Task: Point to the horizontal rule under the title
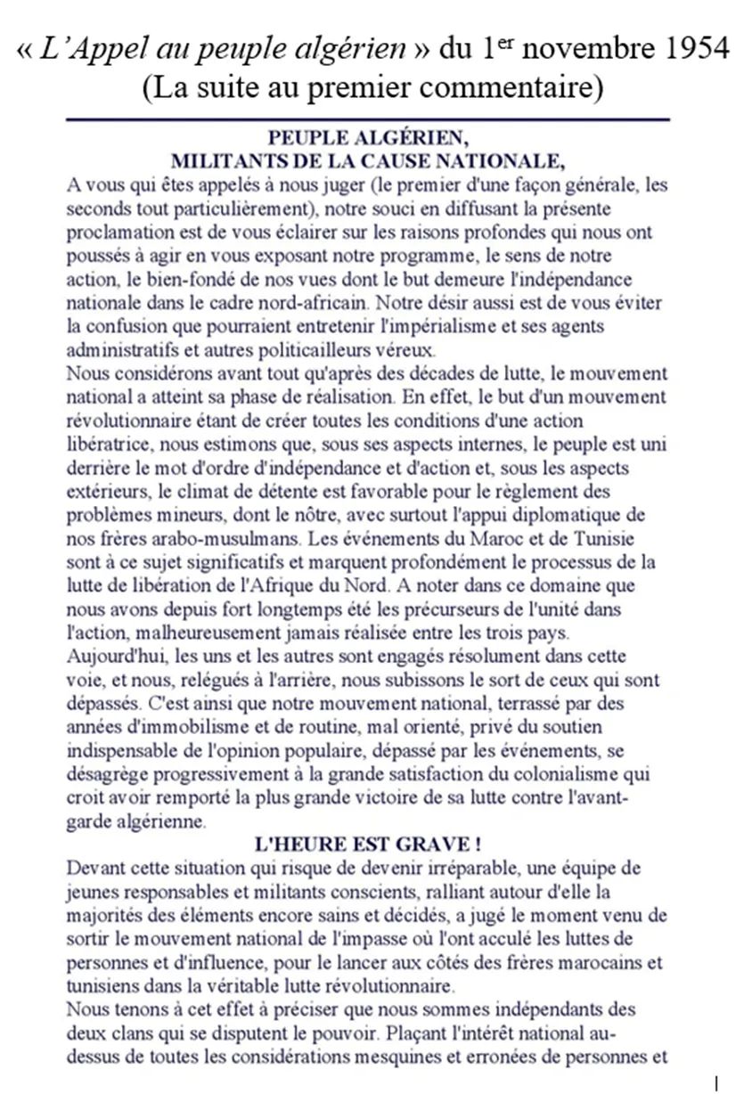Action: (x=367, y=118)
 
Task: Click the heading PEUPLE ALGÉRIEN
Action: (x=367, y=138)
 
